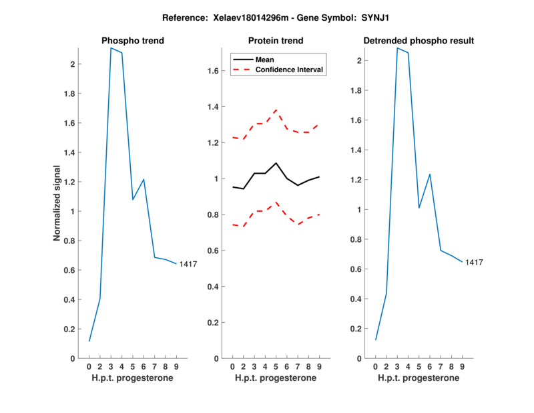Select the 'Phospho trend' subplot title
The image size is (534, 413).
click(x=132, y=41)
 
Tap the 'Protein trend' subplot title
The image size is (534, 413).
click(x=276, y=41)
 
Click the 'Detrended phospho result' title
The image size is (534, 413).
click(x=419, y=41)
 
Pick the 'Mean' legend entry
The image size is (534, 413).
click(x=264, y=59)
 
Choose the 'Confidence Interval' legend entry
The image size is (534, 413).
click(x=290, y=70)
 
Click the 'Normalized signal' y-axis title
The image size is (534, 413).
click(x=58, y=203)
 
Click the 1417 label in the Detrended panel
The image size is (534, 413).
click(x=474, y=263)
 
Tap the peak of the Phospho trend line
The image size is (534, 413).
click(x=111, y=48)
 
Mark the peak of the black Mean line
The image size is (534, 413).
click(x=276, y=162)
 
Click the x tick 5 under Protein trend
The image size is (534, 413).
click(x=276, y=367)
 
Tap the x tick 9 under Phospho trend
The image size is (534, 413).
click(x=176, y=367)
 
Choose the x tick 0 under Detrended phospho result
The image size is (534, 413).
click(x=376, y=367)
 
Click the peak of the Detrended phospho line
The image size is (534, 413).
click(x=397, y=48)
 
